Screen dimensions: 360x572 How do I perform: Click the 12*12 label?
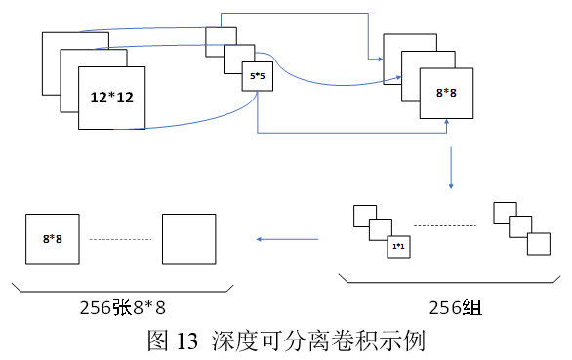click(111, 99)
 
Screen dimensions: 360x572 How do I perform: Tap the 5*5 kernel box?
click(257, 75)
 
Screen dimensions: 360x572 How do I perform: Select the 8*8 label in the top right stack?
click(446, 95)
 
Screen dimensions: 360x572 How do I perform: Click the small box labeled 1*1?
click(398, 248)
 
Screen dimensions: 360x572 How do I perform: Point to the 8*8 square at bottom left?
click(52, 237)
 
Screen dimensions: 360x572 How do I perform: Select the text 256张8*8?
click(123, 308)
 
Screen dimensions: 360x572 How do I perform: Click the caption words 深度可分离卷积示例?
click(311, 341)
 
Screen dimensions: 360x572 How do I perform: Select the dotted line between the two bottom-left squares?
click(120, 239)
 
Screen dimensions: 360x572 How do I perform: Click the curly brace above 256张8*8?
click(122, 287)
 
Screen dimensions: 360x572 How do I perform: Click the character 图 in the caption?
click(156, 341)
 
